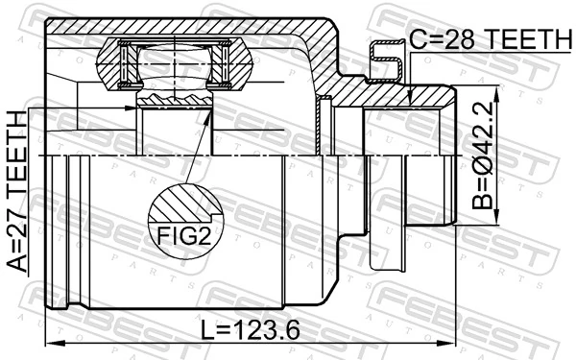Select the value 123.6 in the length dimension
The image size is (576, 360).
(x=266, y=329)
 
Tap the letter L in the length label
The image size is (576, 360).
(x=208, y=329)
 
